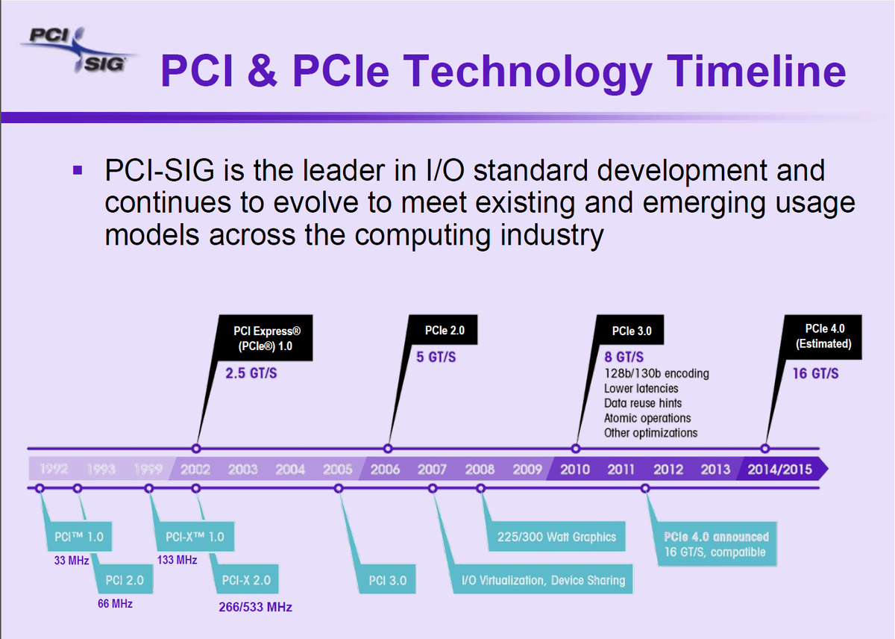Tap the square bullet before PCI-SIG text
76,171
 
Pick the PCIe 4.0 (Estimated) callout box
825,336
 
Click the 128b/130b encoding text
656,373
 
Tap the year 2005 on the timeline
338,470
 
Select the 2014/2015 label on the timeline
779,470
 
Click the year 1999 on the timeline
148,470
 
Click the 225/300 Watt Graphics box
556,537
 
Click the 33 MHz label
72,560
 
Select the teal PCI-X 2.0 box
246,580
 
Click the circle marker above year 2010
576,449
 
